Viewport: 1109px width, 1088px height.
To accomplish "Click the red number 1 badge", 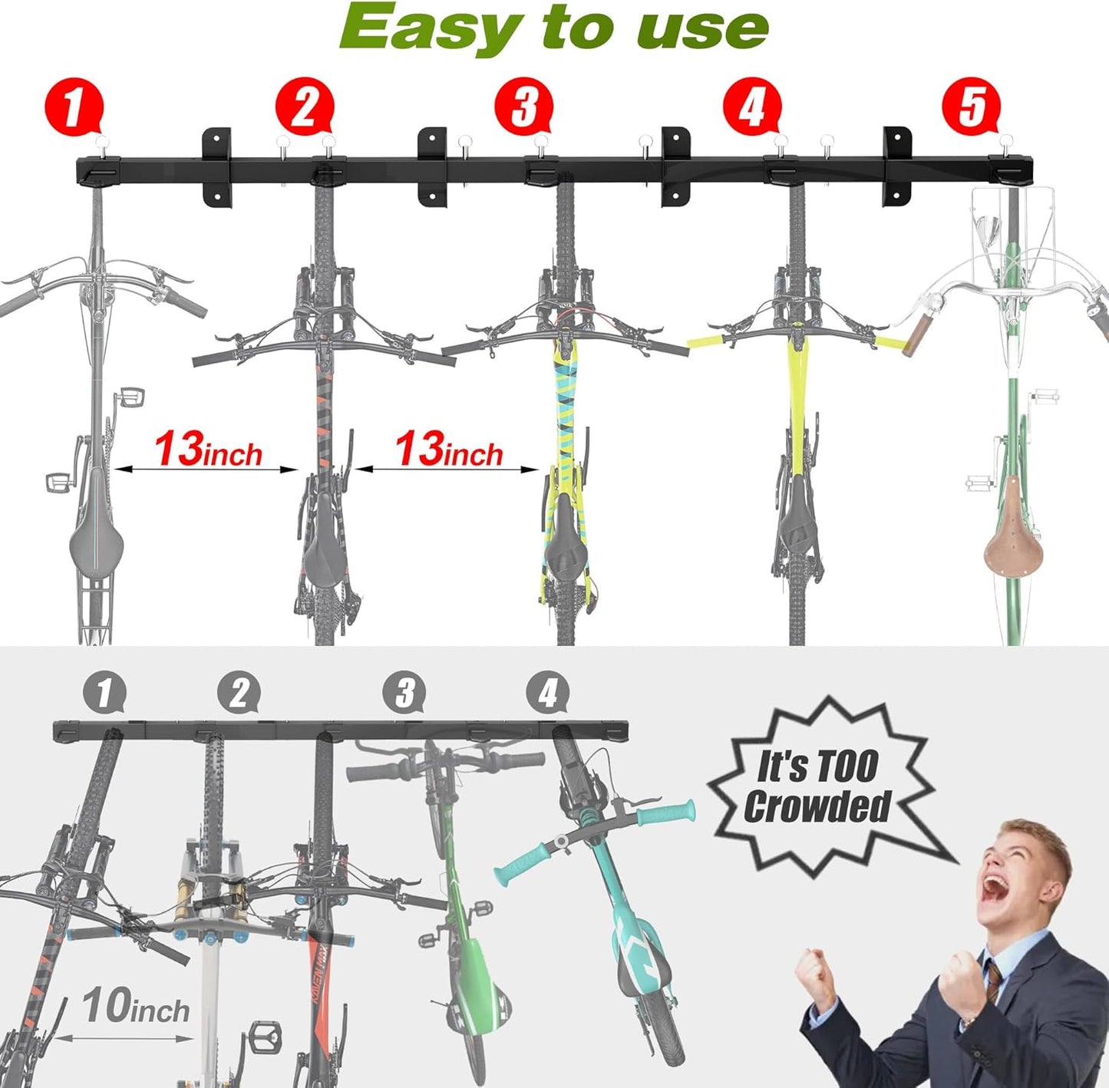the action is tap(74, 107).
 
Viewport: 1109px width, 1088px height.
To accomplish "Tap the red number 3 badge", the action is tap(523, 107).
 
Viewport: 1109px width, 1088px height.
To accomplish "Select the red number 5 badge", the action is tap(972, 107).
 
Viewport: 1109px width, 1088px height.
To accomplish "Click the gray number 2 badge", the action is tap(239, 693).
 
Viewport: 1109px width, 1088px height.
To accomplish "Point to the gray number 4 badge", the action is tap(548, 693).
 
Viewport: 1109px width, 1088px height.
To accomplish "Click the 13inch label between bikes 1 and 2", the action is tap(208, 450).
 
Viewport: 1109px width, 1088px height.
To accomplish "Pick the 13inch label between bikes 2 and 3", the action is tap(449, 450).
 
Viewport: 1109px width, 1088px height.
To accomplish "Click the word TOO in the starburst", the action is tap(847, 767).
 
